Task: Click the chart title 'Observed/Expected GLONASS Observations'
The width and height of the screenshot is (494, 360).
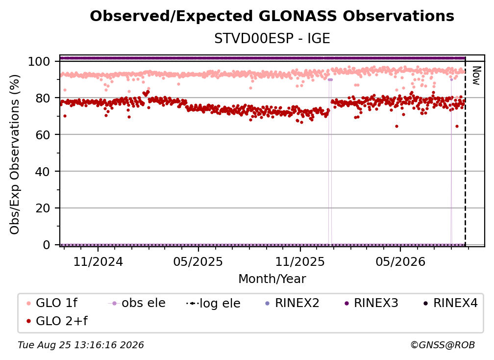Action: [x=272, y=16]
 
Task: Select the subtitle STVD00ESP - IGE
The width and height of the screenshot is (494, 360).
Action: [x=272, y=38]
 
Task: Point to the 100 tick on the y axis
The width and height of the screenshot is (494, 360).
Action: [x=39, y=61]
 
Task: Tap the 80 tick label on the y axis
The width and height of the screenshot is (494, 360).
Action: [x=43, y=98]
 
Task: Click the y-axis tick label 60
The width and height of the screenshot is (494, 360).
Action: [x=43, y=134]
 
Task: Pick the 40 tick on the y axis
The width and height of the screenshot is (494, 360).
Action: [x=43, y=172]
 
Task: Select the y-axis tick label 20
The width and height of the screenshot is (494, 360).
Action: [x=43, y=208]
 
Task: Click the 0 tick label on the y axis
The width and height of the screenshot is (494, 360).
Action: [x=47, y=245]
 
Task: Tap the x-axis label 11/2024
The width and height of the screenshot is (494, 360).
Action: [x=98, y=261]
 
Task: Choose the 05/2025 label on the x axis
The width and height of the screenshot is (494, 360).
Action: [x=198, y=261]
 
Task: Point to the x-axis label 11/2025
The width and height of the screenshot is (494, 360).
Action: [x=300, y=261]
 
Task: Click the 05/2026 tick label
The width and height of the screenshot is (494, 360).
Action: [x=400, y=261]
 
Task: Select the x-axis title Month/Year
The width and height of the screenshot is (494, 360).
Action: [x=272, y=279]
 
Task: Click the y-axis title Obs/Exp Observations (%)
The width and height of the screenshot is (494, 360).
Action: [x=15, y=154]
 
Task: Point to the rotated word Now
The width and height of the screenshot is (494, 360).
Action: [x=476, y=76]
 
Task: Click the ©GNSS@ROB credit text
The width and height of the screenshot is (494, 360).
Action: [x=443, y=345]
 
